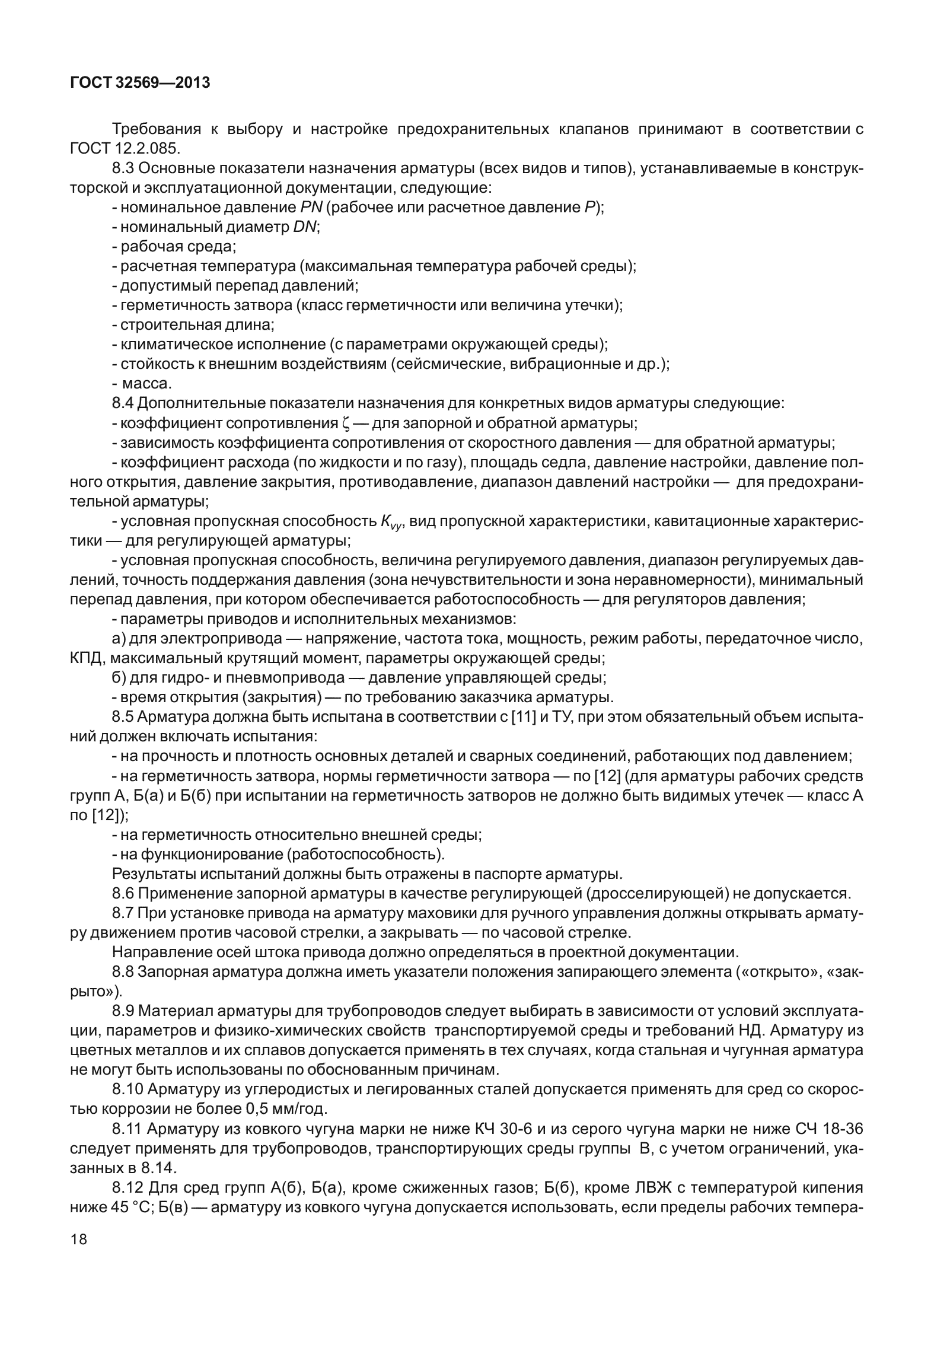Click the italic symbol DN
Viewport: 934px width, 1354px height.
[305, 227]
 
